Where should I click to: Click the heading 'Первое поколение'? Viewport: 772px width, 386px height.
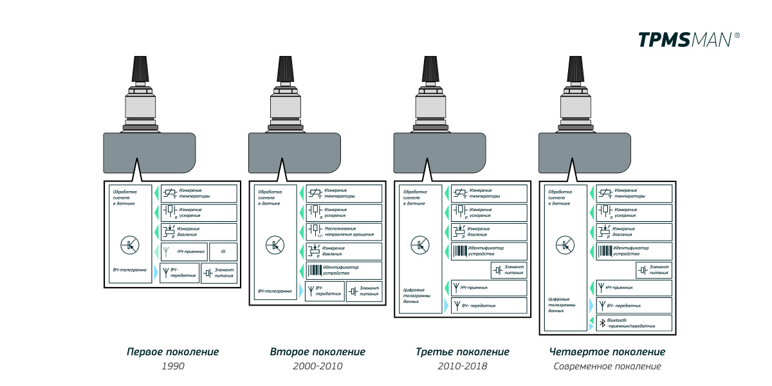[172, 352]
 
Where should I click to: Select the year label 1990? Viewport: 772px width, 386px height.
[172, 366]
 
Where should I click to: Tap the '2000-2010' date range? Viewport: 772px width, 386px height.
[317, 366]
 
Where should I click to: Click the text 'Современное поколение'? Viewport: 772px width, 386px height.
[607, 366]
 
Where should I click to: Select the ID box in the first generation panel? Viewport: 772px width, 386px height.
[223, 252]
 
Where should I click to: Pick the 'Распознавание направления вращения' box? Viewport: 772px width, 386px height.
[344, 232]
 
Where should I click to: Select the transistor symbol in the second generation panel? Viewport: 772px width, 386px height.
[274, 244]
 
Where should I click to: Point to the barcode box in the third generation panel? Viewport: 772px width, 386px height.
[489, 251]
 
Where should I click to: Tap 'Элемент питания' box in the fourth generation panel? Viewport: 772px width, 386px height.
[654, 270]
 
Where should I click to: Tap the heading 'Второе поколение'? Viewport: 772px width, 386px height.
[317, 352]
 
